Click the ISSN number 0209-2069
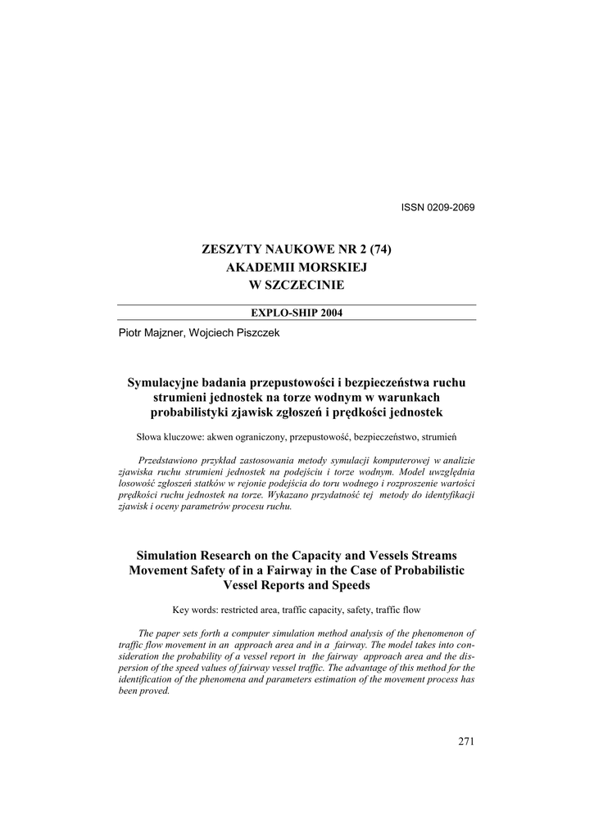[x=450, y=206]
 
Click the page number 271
[x=466, y=741]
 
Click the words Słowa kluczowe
[x=163, y=436]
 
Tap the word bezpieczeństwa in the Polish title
[x=388, y=382]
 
